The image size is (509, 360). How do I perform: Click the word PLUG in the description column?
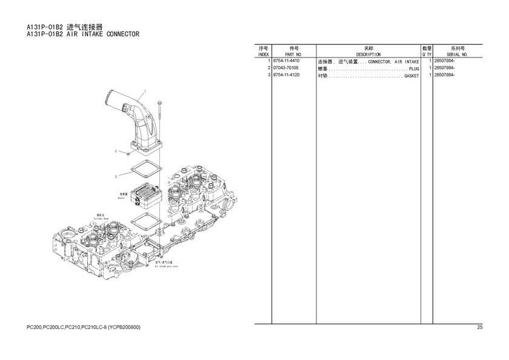(414, 68)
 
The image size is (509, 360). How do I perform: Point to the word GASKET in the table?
(411, 75)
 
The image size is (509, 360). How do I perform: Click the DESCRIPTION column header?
(368, 55)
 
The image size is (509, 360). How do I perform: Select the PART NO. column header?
(294, 55)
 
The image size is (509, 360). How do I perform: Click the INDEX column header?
(263, 55)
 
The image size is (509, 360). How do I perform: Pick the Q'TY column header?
(427, 55)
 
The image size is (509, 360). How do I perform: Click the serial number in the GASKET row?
(444, 75)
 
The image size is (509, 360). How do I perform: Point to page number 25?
(479, 328)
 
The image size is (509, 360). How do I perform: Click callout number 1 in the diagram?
(145, 92)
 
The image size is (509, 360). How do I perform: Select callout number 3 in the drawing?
(115, 176)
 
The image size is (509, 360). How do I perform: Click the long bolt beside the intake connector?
(158, 118)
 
